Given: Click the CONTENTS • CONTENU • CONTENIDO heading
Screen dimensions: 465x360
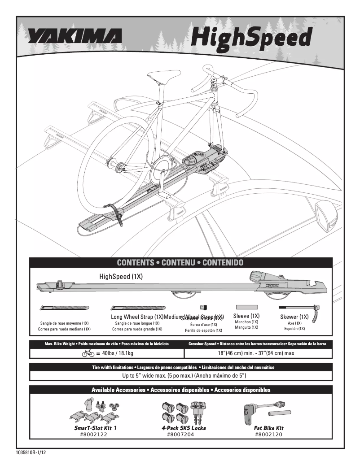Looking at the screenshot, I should pyautogui.click(x=180, y=262).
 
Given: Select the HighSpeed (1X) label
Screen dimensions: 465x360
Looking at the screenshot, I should pyautogui.click(x=121, y=277).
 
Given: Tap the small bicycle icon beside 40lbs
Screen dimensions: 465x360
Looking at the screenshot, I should pyautogui.click(x=88, y=353).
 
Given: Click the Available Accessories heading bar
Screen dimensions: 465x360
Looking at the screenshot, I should pyautogui.click(x=180, y=390).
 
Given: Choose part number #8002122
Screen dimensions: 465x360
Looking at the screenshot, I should pyautogui.click(x=93, y=435).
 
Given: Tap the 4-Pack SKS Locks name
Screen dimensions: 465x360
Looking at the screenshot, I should pyautogui.click(x=184, y=428).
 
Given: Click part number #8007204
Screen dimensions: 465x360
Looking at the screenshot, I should pyautogui.click(x=180, y=435).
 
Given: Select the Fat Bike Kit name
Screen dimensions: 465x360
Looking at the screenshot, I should pyautogui.click(x=268, y=428).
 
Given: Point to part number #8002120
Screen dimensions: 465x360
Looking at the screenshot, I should pyautogui.click(x=268, y=435).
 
